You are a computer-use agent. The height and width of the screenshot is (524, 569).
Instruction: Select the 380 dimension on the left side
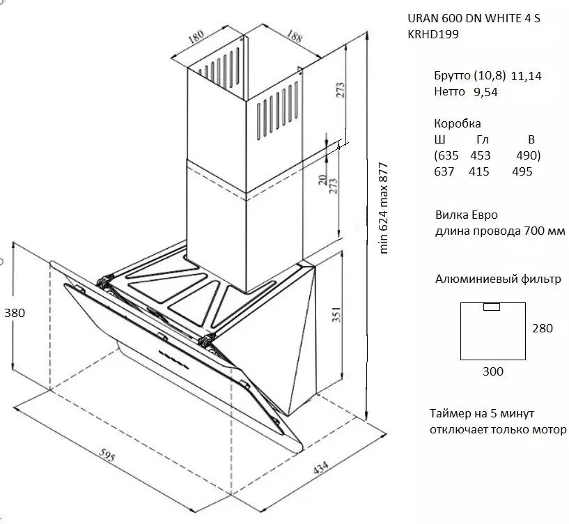point(14,313)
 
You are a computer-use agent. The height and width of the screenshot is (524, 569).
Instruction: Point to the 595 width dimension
point(106,458)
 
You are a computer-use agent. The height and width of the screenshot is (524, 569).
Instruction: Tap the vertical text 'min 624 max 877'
point(382,208)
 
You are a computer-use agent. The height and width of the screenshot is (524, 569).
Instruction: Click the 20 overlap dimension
point(322,180)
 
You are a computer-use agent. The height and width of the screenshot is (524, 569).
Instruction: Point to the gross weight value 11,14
point(526,76)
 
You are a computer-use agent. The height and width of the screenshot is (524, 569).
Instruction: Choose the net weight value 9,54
point(485,91)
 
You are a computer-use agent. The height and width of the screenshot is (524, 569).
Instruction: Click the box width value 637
point(444,171)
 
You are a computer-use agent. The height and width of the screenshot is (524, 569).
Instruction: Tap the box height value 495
point(522,171)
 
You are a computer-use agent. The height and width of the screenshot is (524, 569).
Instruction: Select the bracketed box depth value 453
point(481,155)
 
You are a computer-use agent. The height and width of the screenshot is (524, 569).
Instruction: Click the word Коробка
point(457,123)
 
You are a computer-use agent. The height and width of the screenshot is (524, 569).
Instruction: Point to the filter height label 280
point(542,328)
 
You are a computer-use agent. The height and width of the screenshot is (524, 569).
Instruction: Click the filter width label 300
point(492,371)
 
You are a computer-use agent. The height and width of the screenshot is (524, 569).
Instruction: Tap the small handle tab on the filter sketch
point(491,306)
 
